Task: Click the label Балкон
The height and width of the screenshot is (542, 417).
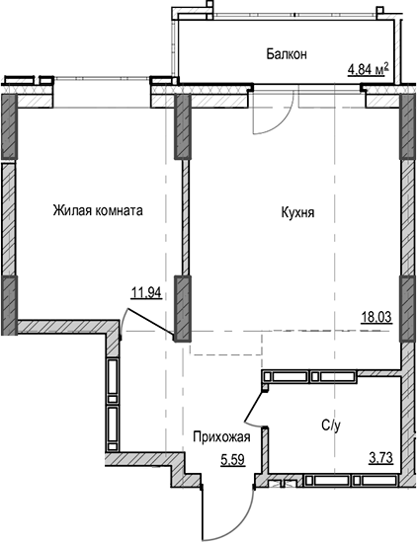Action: coord(287,54)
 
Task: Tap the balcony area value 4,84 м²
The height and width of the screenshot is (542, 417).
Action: coord(367,69)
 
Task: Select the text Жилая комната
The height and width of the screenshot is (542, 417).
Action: coord(98,211)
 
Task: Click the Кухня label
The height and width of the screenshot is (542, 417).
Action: coord(296,211)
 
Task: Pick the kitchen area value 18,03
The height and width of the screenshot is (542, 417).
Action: coord(376,319)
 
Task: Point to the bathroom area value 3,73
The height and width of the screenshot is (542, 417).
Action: coord(376,456)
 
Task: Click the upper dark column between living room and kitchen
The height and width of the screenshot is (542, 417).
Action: coord(182,129)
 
